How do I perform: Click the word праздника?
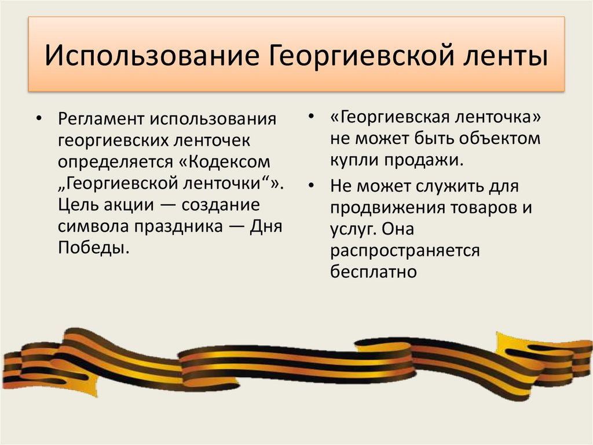click(x=173, y=227)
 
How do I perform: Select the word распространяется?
click(x=406, y=251)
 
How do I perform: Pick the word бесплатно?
click(x=374, y=272)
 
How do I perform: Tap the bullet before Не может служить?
click(x=312, y=187)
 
